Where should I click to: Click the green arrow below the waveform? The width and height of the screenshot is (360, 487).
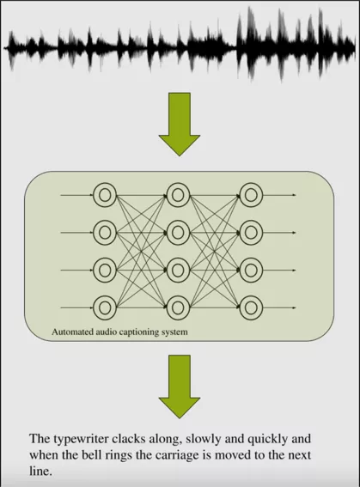click(x=180, y=125)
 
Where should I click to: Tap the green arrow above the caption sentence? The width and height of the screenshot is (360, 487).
click(x=180, y=387)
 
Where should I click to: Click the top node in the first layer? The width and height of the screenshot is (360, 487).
click(x=105, y=195)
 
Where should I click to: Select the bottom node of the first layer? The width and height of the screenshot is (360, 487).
click(x=105, y=307)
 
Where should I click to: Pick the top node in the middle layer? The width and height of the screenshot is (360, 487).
click(x=178, y=195)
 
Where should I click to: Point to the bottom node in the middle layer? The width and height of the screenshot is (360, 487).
click(x=178, y=307)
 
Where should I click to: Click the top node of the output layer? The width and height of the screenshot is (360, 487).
click(x=251, y=195)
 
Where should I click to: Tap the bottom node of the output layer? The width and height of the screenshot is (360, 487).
click(x=251, y=307)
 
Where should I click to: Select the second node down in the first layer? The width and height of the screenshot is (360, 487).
click(x=105, y=232)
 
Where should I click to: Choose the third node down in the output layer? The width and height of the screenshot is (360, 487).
click(x=251, y=271)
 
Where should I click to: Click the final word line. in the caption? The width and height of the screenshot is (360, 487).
click(x=40, y=472)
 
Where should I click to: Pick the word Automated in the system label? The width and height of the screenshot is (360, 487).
click(x=72, y=332)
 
